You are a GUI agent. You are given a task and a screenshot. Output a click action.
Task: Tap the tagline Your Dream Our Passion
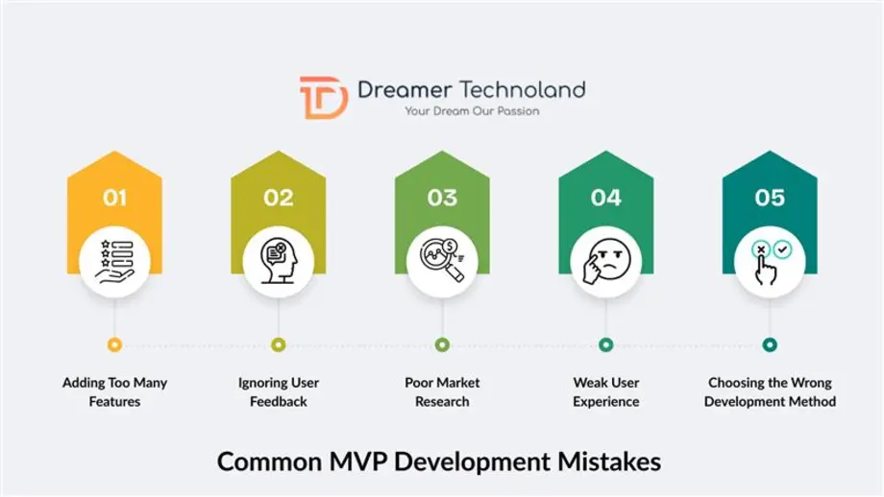471,111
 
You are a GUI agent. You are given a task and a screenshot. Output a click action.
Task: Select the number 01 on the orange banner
115,198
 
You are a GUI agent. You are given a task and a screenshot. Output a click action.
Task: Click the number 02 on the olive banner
279,198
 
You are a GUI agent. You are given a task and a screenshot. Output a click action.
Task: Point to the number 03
442,198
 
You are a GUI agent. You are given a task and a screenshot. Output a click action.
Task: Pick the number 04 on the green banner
605,198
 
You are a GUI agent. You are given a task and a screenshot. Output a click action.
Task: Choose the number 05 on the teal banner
770,198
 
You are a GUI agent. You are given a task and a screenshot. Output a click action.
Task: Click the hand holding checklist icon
115,260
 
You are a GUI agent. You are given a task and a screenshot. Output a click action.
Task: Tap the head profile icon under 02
279,260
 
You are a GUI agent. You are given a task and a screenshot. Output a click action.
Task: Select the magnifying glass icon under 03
442,260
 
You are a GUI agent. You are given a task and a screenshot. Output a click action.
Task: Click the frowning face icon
605,260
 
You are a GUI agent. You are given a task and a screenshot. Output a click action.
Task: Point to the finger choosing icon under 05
770,260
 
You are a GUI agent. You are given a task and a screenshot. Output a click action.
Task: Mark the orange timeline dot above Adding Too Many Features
115,344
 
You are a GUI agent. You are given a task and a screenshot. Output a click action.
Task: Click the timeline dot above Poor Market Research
442,344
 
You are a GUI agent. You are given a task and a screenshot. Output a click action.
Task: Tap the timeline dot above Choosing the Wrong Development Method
770,344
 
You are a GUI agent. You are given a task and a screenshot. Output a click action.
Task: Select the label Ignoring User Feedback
279,391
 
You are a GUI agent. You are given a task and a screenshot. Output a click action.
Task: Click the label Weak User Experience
605,391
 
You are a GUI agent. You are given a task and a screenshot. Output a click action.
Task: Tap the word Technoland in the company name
523,90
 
